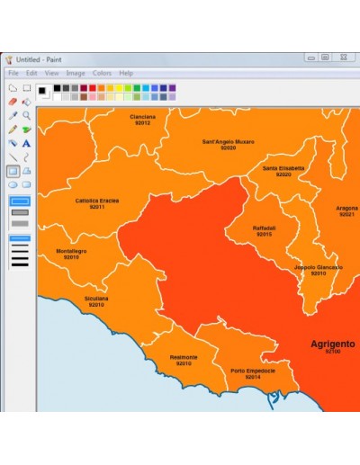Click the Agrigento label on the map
(333, 344)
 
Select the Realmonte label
(184, 357)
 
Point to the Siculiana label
(96, 299)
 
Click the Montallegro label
(71, 251)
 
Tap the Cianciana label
(142, 117)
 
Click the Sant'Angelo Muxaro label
(228, 141)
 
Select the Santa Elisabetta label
(283, 168)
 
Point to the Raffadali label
(265, 228)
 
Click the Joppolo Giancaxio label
(319, 267)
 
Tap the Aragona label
(346, 208)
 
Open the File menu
(13, 73)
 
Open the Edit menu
(31, 73)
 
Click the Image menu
(75, 73)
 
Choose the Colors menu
(102, 73)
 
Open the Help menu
(126, 73)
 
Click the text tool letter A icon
(27, 143)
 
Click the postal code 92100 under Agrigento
(333, 352)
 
